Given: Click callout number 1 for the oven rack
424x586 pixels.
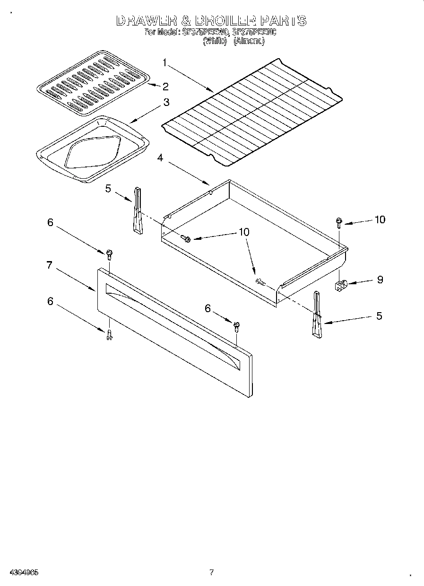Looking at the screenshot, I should point(164,62).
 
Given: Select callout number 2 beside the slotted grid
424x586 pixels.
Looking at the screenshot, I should point(165,86).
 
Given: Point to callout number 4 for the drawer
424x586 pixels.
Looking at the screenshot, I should point(160,158).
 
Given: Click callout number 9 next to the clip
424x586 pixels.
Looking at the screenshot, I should point(380,280).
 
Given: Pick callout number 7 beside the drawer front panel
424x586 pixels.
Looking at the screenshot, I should point(49,265).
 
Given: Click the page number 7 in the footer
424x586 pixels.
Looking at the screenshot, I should point(211,572).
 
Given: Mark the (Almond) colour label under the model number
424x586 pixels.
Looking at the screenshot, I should point(249,41).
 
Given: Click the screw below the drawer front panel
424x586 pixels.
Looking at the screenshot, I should point(109,334).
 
